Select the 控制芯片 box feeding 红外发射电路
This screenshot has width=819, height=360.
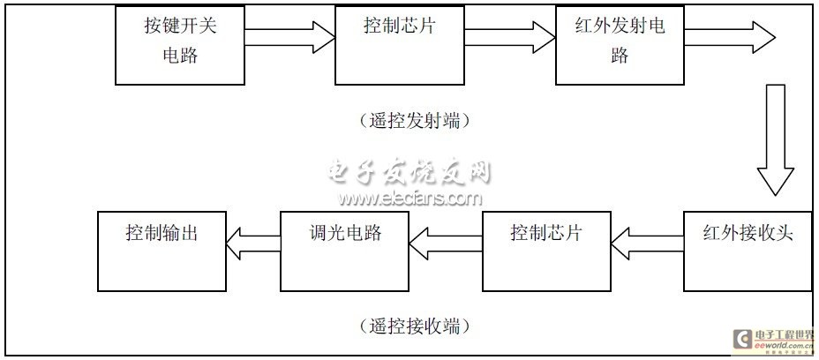pyautogui.click(x=399, y=43)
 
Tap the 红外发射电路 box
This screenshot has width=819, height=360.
pyautogui.click(x=620, y=43)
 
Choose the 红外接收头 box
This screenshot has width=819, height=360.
pyautogui.click(x=748, y=251)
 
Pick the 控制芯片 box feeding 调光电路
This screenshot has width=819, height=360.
pyautogui.click(x=547, y=251)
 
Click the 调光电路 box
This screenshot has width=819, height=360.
pyautogui.click(x=345, y=251)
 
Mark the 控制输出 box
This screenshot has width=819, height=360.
pyautogui.click(x=162, y=251)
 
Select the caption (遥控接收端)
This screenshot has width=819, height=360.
pyautogui.click(x=409, y=326)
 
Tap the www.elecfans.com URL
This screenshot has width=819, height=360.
pyautogui.click(x=408, y=199)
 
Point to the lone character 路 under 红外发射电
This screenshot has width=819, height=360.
pyautogui.click(x=620, y=56)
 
